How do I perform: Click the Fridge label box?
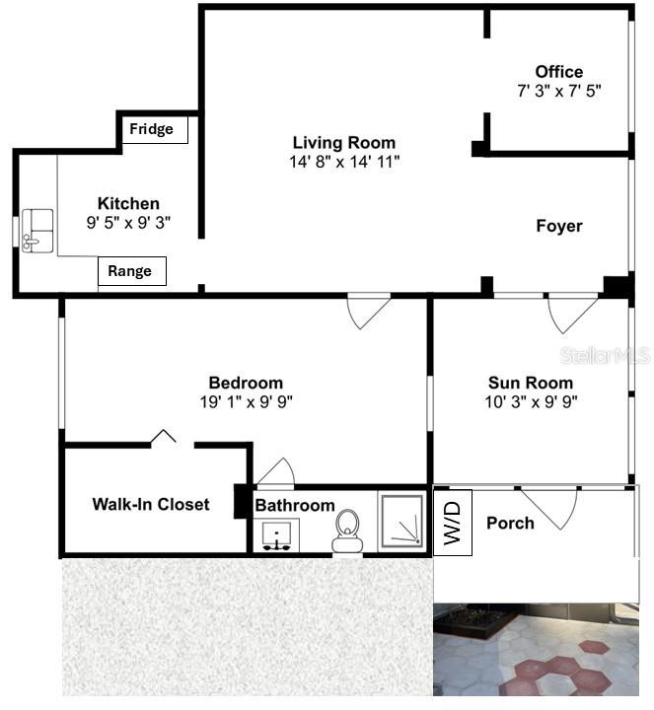click(x=152, y=129)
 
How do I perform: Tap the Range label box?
click(x=131, y=271)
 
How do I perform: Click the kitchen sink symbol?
click(x=38, y=230)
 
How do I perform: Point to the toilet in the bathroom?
click(x=346, y=530)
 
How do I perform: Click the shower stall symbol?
click(x=402, y=521)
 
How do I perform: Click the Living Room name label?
click(x=343, y=143)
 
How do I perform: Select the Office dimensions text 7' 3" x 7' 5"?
click(x=559, y=90)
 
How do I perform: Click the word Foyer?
click(x=558, y=226)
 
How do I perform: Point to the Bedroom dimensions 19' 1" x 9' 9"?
click(x=246, y=401)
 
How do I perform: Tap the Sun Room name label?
click(x=530, y=383)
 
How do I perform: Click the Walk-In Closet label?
click(x=151, y=504)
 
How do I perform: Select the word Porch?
click(x=510, y=523)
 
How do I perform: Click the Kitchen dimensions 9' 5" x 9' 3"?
click(x=128, y=223)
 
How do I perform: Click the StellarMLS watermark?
click(x=604, y=354)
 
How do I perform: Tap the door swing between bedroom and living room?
click(x=368, y=310)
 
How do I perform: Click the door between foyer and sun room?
click(x=571, y=312)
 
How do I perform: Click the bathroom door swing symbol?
click(x=274, y=473)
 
